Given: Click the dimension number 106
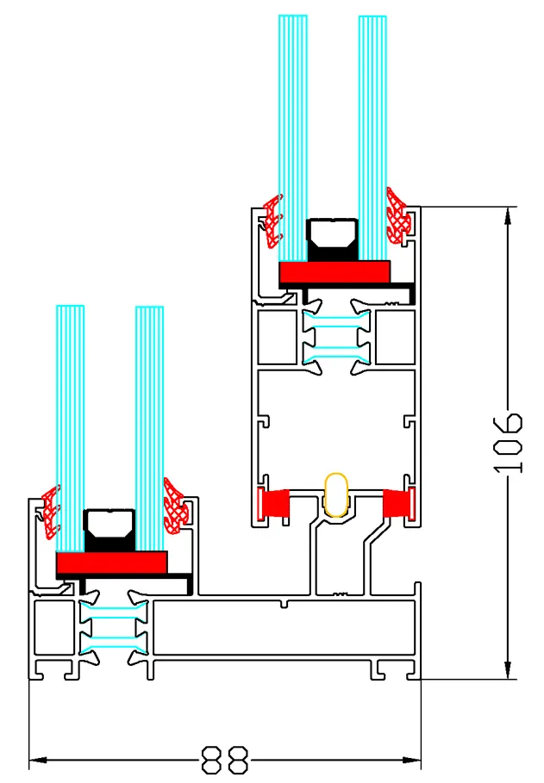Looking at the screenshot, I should click(x=510, y=444).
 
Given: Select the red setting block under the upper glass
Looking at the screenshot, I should click(x=335, y=271).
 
